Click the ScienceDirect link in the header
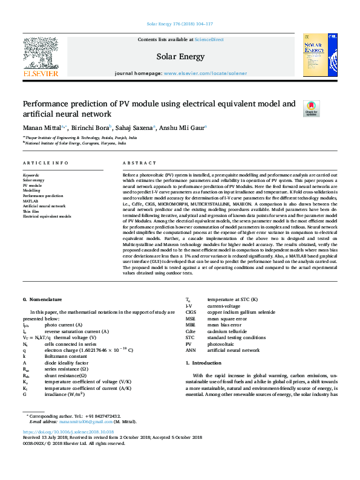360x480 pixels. click(209, 39)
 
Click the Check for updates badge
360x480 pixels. click(311, 109)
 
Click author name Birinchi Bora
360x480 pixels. click(90, 128)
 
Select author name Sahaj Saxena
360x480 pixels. click(134, 128)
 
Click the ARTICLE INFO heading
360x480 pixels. click(45, 164)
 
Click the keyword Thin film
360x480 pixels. click(31, 210)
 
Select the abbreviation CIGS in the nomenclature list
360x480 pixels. click(191, 312)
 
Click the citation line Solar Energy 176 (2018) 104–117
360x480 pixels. click(180, 25)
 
